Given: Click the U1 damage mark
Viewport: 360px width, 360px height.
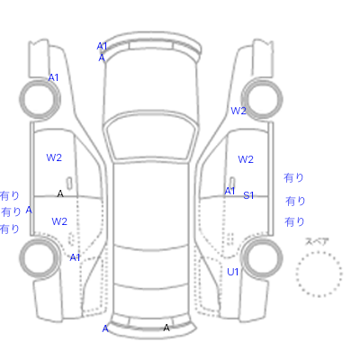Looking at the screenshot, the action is (233, 272).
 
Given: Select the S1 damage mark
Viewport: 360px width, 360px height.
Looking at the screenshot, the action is (248, 195).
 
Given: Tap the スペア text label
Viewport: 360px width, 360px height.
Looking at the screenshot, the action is (317, 241).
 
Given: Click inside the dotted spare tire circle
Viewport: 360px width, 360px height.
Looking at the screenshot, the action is (319, 274).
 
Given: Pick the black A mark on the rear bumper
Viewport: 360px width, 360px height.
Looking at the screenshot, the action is (166, 328).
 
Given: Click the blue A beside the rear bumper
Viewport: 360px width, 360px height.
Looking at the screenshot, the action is (105, 328).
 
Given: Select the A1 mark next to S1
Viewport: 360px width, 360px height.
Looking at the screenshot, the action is (229, 191).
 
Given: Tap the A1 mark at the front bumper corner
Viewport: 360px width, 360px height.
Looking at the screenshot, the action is (102, 46).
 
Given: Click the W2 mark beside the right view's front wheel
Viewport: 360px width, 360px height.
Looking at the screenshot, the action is (238, 111).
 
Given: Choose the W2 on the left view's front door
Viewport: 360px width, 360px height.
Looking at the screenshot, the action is (54, 157).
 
